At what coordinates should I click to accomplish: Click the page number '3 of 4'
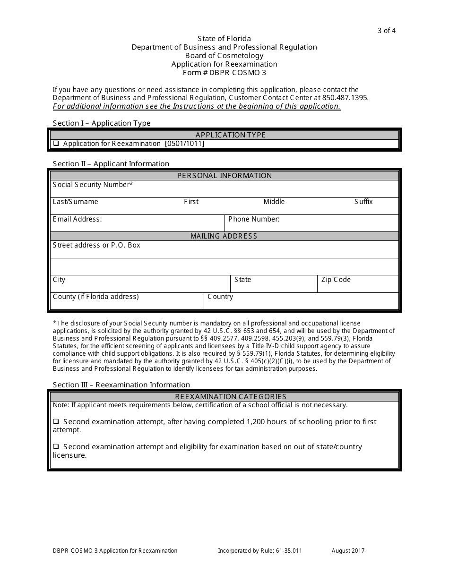(x=386, y=31)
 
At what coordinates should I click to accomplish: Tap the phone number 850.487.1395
(x=345, y=98)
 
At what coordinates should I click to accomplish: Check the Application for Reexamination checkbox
(x=56, y=144)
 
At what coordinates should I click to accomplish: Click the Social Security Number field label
(x=93, y=185)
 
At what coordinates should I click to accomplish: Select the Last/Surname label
(x=76, y=202)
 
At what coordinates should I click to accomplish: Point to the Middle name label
(x=274, y=202)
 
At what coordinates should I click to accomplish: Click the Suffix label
(x=363, y=202)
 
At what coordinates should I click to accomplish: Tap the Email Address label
(x=77, y=219)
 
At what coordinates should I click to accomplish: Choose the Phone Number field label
(x=254, y=219)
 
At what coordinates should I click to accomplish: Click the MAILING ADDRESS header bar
(x=224, y=236)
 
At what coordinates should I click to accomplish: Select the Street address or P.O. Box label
(x=96, y=245)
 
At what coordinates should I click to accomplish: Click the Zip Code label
(x=336, y=280)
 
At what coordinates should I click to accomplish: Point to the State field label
(x=242, y=280)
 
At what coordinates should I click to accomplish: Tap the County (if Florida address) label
(x=96, y=297)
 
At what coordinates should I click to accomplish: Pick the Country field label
(x=220, y=297)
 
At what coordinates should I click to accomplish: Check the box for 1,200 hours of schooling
(x=56, y=421)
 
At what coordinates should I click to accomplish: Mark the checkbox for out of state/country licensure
(x=56, y=446)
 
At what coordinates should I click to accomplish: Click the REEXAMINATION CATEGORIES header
(x=224, y=397)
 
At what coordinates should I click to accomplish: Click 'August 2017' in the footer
(x=348, y=550)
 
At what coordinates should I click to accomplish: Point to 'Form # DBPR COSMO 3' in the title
(x=224, y=73)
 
